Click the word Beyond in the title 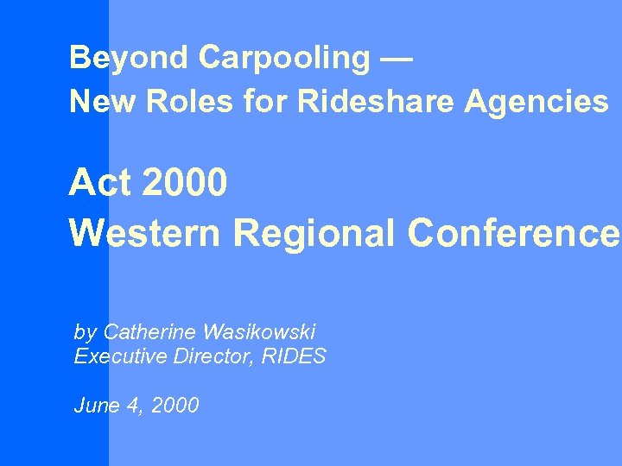(x=130, y=58)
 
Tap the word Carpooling (x=284, y=58)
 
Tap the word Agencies (x=536, y=102)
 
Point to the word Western (x=144, y=232)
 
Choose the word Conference (x=513, y=232)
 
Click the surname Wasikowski (x=259, y=331)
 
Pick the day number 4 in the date (x=133, y=405)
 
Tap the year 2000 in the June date (x=175, y=405)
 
